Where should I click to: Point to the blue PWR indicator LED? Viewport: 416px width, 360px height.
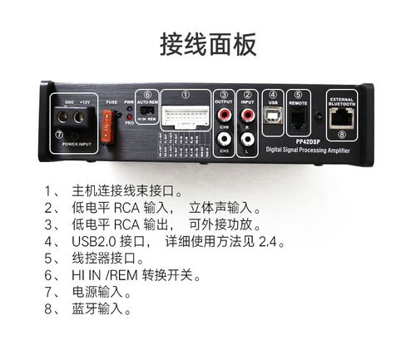click(129, 109)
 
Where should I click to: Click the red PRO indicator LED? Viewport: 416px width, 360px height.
click(129, 118)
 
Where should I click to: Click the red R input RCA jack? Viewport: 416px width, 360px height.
click(246, 113)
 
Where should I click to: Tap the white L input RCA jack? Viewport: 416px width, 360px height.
click(246, 139)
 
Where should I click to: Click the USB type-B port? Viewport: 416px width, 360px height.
click(273, 118)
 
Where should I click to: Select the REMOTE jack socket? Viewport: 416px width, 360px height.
click(298, 118)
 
